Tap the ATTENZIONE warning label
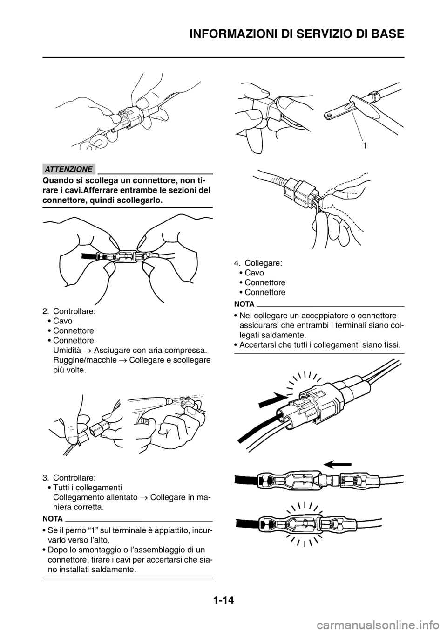pyautogui.click(x=69, y=169)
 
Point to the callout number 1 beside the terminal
pyautogui.click(x=365, y=146)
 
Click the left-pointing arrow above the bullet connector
pyautogui.click(x=338, y=464)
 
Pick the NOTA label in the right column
pyautogui.click(x=244, y=305)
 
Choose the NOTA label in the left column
pyautogui.click(x=53, y=519)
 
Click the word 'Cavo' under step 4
pyautogui.click(x=254, y=273)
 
